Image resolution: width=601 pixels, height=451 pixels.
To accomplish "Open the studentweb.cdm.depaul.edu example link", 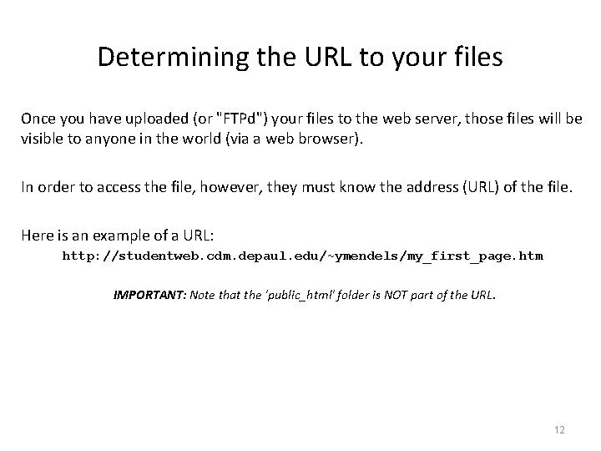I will pyautogui.click(x=302, y=256).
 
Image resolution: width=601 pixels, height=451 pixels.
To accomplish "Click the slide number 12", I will pyautogui.click(x=559, y=429).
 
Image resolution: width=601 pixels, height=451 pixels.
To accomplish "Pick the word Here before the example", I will pyautogui.click(x=37, y=236).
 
